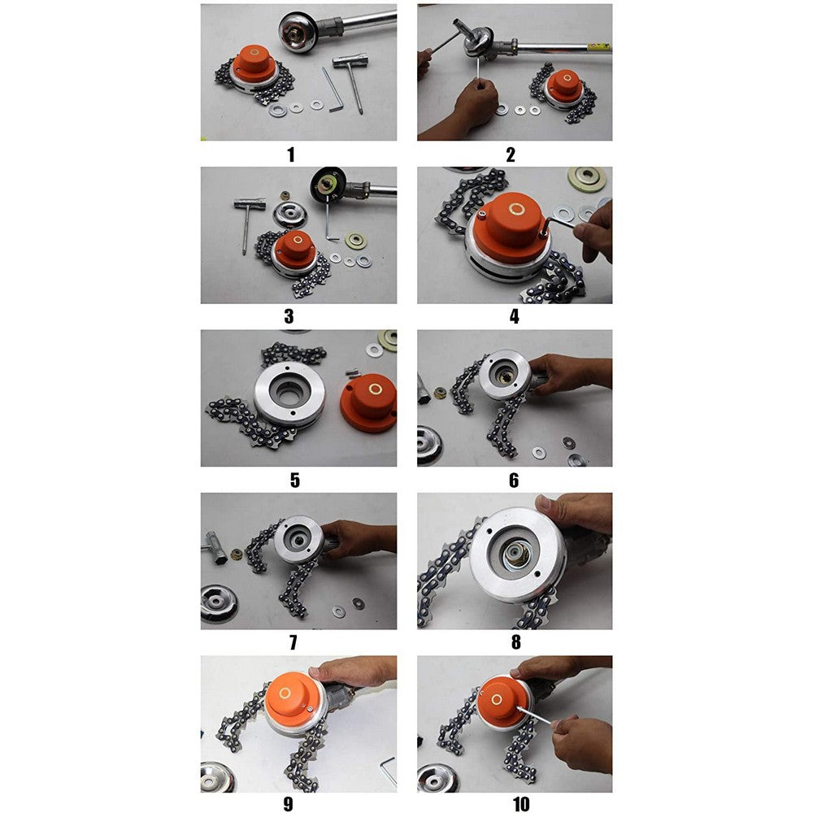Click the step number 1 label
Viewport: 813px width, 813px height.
pos(291,154)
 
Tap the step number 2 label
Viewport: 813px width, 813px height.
pos(510,154)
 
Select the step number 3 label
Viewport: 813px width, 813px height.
pos(289,316)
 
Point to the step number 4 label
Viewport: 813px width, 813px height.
pos(514,316)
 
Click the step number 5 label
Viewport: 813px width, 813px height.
pos(294,480)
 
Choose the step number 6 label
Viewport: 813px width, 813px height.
pos(513,480)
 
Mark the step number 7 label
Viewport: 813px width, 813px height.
pos(293,642)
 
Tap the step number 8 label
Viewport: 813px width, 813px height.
pos(515,642)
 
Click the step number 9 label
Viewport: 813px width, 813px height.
pos(287,805)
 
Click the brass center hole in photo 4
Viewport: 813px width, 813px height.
pos(514,211)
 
